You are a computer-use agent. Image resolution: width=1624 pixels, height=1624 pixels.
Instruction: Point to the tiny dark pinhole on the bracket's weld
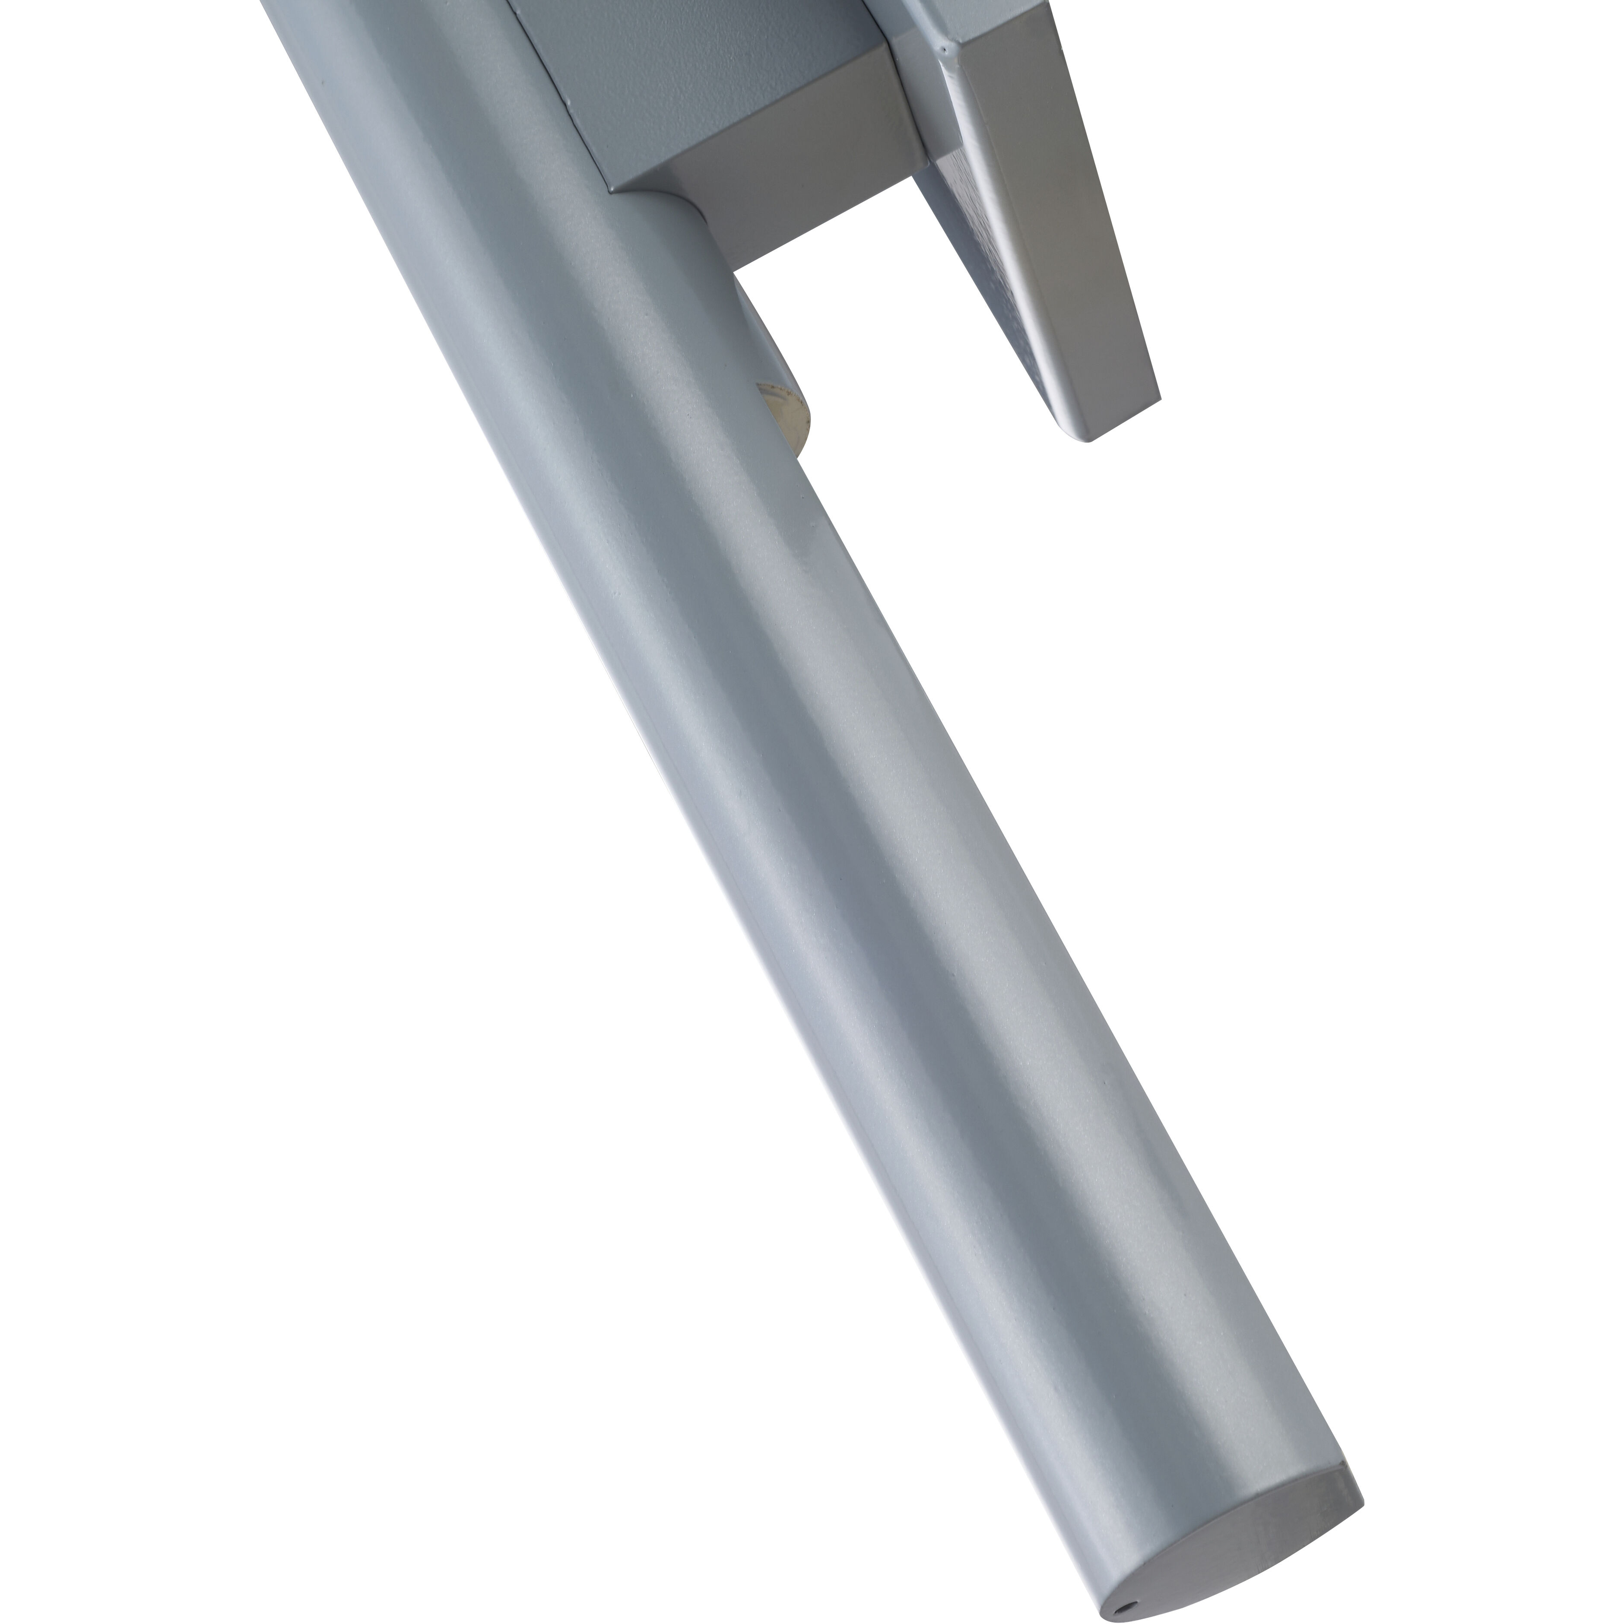coord(944,49)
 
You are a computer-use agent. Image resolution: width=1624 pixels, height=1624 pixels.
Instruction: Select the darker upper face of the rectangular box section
coord(698,76)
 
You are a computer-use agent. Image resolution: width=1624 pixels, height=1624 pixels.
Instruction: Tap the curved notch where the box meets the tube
coord(664,197)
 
